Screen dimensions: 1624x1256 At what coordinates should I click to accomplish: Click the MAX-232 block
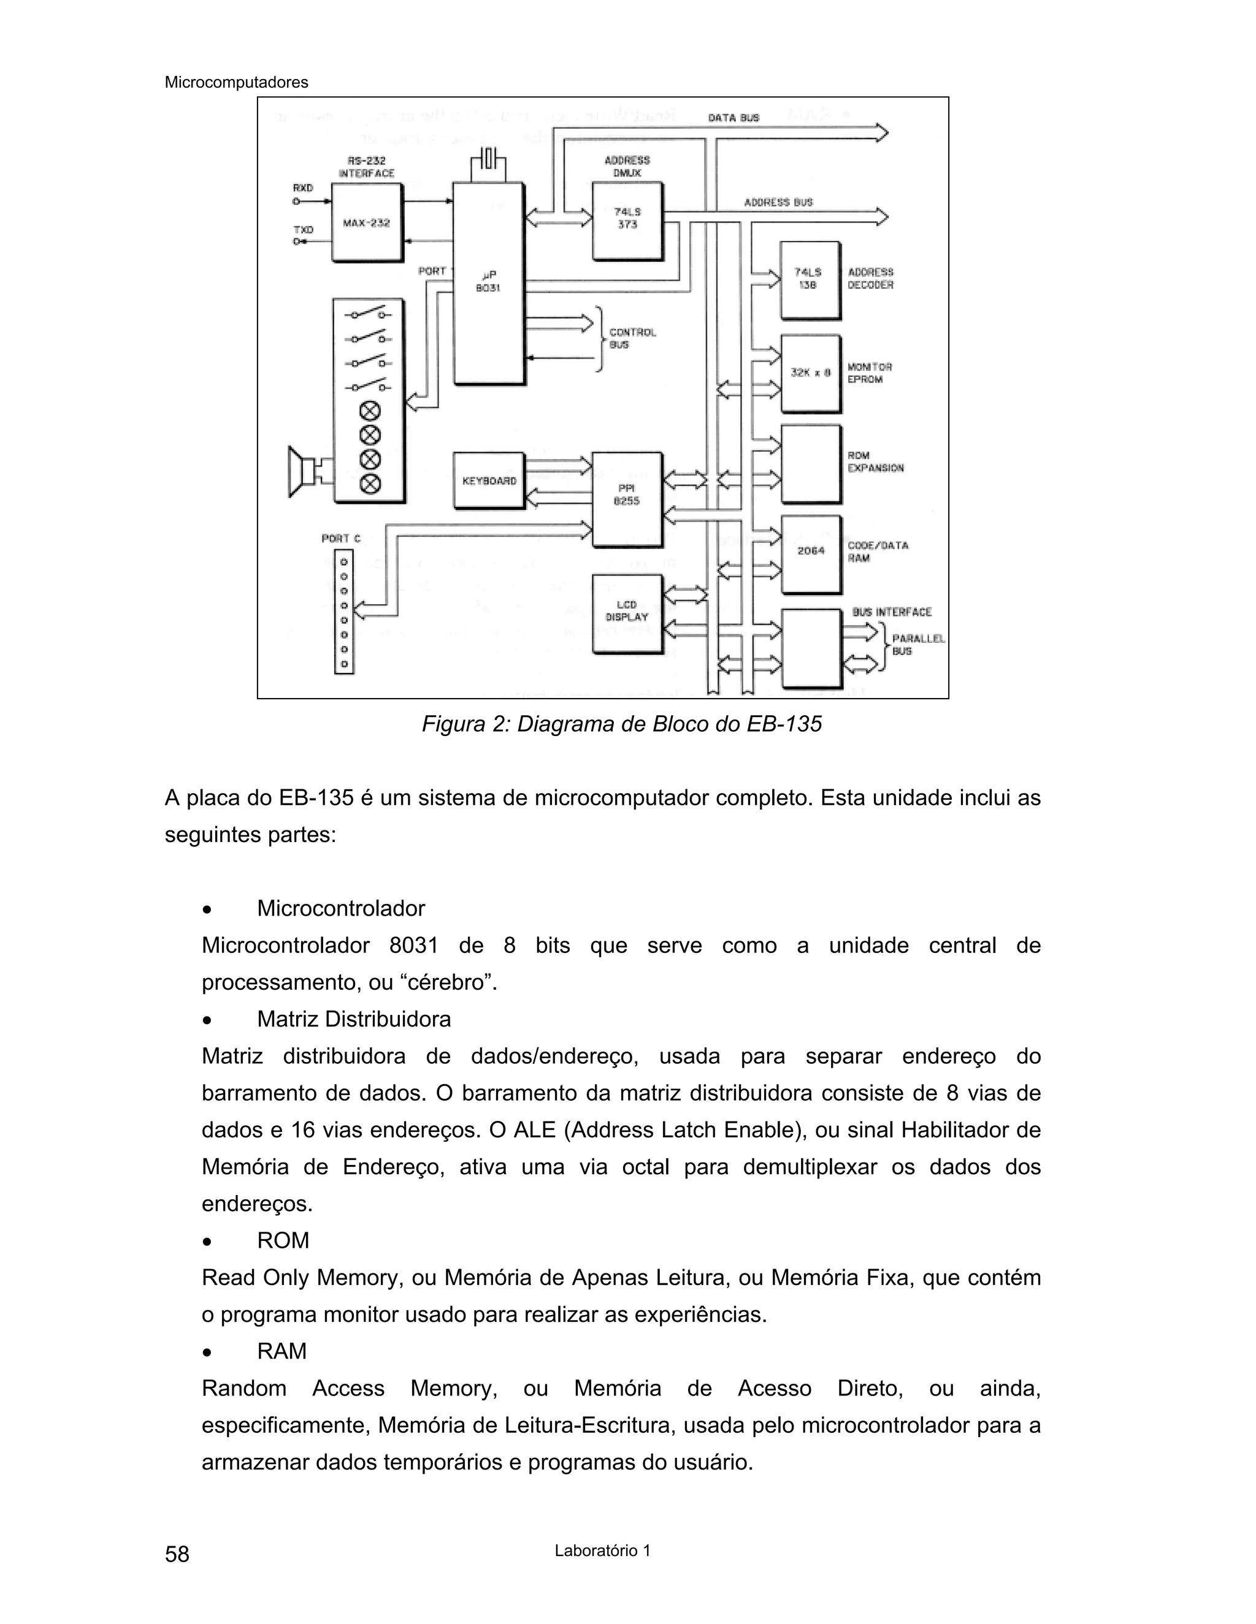tap(366, 222)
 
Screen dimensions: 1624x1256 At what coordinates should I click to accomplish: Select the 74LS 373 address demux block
tap(627, 220)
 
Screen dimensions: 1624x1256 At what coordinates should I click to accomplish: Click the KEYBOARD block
tap(489, 480)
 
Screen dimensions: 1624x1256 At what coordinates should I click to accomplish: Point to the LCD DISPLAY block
tap(627, 613)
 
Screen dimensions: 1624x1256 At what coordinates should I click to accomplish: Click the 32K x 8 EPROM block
tap(810, 373)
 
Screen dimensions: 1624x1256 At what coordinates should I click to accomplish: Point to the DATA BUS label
tap(733, 118)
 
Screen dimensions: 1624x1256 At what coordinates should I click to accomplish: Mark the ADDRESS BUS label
tap(778, 202)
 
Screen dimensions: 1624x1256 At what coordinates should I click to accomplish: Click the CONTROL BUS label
tap(632, 338)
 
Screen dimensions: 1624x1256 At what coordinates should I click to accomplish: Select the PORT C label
tap(341, 537)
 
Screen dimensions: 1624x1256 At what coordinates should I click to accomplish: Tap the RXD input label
tap(303, 188)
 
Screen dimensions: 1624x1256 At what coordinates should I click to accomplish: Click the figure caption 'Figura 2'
tap(621, 724)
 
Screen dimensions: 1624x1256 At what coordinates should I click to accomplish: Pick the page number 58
tap(177, 1554)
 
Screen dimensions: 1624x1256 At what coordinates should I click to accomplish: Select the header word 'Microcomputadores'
tap(236, 83)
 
